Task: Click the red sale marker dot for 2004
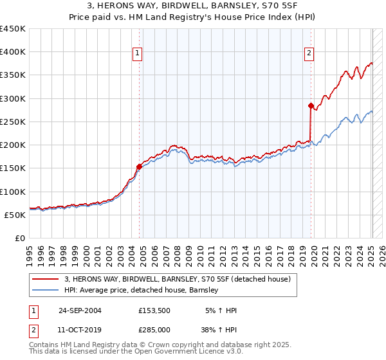[139, 166]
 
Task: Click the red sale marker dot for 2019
[311, 105]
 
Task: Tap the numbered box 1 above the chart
[138, 53]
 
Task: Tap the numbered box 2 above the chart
[309, 53]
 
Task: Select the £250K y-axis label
[13, 122]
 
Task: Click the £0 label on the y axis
[19, 239]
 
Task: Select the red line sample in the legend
[46, 279]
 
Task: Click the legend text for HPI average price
[142, 291]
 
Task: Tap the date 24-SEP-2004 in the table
[80, 310]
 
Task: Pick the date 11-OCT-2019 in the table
[80, 330]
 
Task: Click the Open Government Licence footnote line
[136, 352]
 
